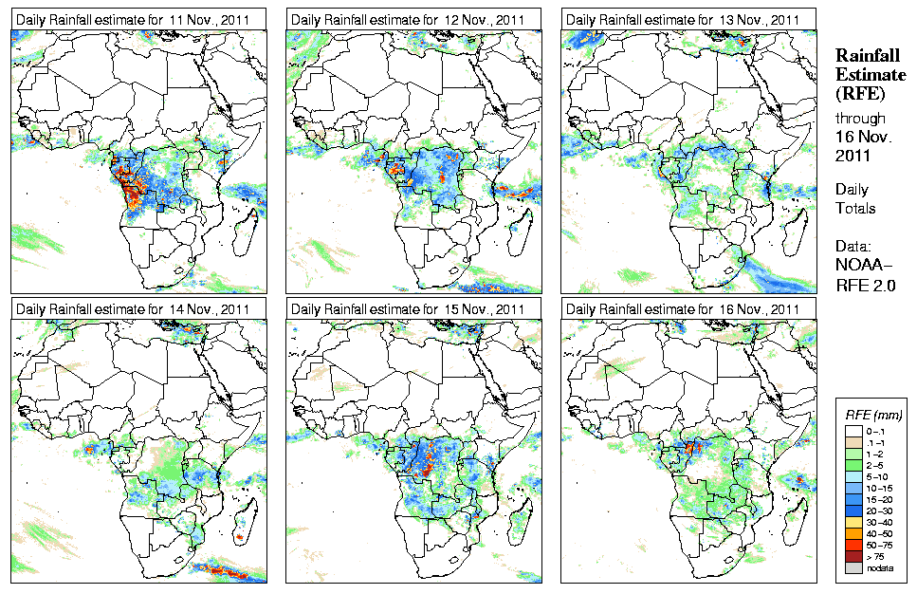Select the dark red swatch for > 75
[x=854, y=556]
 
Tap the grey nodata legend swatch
[x=854, y=567]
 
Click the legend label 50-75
[x=880, y=545]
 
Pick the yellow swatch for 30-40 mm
[x=854, y=522]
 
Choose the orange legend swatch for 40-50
[x=854, y=533]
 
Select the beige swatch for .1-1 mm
[x=854, y=442]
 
